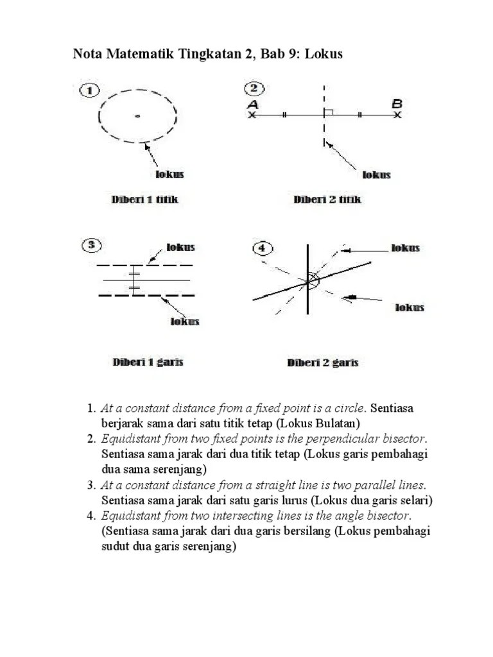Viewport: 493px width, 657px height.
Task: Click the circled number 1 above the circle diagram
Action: [x=89, y=90]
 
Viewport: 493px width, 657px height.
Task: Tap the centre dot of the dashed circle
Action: [x=137, y=116]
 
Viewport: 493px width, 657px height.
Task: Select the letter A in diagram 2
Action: [x=252, y=104]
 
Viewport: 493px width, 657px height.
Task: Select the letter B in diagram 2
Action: [x=397, y=103]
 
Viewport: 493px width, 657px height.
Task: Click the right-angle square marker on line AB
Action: [x=329, y=112]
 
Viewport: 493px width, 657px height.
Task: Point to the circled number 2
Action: [x=254, y=89]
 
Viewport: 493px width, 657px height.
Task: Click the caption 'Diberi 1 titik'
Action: [x=144, y=200]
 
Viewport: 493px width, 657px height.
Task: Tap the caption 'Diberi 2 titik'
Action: [x=327, y=200]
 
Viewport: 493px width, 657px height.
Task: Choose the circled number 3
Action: [x=92, y=244]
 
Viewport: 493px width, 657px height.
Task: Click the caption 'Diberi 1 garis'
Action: [x=148, y=362]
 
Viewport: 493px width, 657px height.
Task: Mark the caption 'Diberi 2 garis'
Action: [x=322, y=363]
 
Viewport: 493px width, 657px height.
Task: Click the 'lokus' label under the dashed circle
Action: [x=170, y=174]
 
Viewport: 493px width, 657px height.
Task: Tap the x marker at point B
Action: [x=397, y=115]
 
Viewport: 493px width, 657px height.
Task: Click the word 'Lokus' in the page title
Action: [x=324, y=55]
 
